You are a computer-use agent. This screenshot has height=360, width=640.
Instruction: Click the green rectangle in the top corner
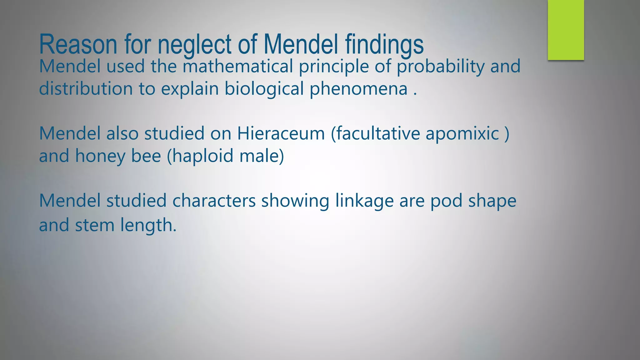[566, 30]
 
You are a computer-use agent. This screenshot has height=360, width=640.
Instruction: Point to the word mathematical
[237, 66]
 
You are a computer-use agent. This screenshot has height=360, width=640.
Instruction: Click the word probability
[440, 67]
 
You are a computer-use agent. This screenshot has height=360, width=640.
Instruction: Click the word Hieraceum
[281, 133]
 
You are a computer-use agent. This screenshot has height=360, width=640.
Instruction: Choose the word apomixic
[462, 134]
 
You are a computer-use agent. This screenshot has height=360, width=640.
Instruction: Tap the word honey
[100, 156]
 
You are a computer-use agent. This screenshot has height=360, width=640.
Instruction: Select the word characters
[214, 201]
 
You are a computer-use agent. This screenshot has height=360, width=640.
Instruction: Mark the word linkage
[364, 201]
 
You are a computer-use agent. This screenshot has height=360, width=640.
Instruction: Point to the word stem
[95, 225]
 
